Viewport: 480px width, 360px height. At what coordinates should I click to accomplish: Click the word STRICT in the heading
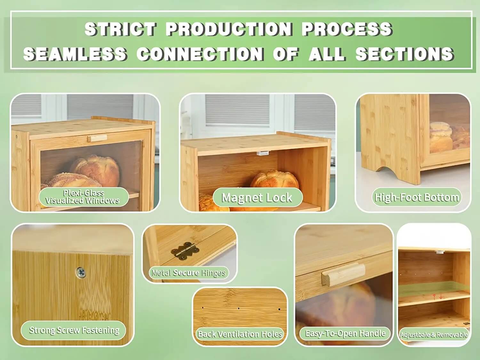tap(120, 29)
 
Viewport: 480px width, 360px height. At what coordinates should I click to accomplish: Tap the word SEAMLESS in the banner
tap(75, 54)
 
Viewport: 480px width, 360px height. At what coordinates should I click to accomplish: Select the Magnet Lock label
tap(257, 197)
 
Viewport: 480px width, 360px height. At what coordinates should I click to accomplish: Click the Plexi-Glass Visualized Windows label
tap(83, 197)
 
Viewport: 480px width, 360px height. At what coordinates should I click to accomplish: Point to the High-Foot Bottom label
tap(417, 197)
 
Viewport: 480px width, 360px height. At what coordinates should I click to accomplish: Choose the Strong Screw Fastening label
tap(74, 330)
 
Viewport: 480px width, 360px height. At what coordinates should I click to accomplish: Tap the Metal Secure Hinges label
tap(188, 273)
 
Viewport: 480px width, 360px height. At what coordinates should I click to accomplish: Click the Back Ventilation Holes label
tap(240, 334)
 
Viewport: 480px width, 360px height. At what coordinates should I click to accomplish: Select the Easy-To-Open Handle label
tap(345, 333)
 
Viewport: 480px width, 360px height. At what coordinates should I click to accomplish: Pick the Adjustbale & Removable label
tap(434, 335)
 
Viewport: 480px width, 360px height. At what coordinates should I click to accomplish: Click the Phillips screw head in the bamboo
tap(81, 272)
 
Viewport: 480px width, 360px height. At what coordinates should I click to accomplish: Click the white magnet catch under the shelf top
tap(262, 153)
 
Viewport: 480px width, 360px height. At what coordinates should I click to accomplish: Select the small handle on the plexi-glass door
tap(97, 138)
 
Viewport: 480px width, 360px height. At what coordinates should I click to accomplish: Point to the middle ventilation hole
tap(239, 308)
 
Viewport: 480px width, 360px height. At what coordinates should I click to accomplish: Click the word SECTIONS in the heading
tap(404, 54)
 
